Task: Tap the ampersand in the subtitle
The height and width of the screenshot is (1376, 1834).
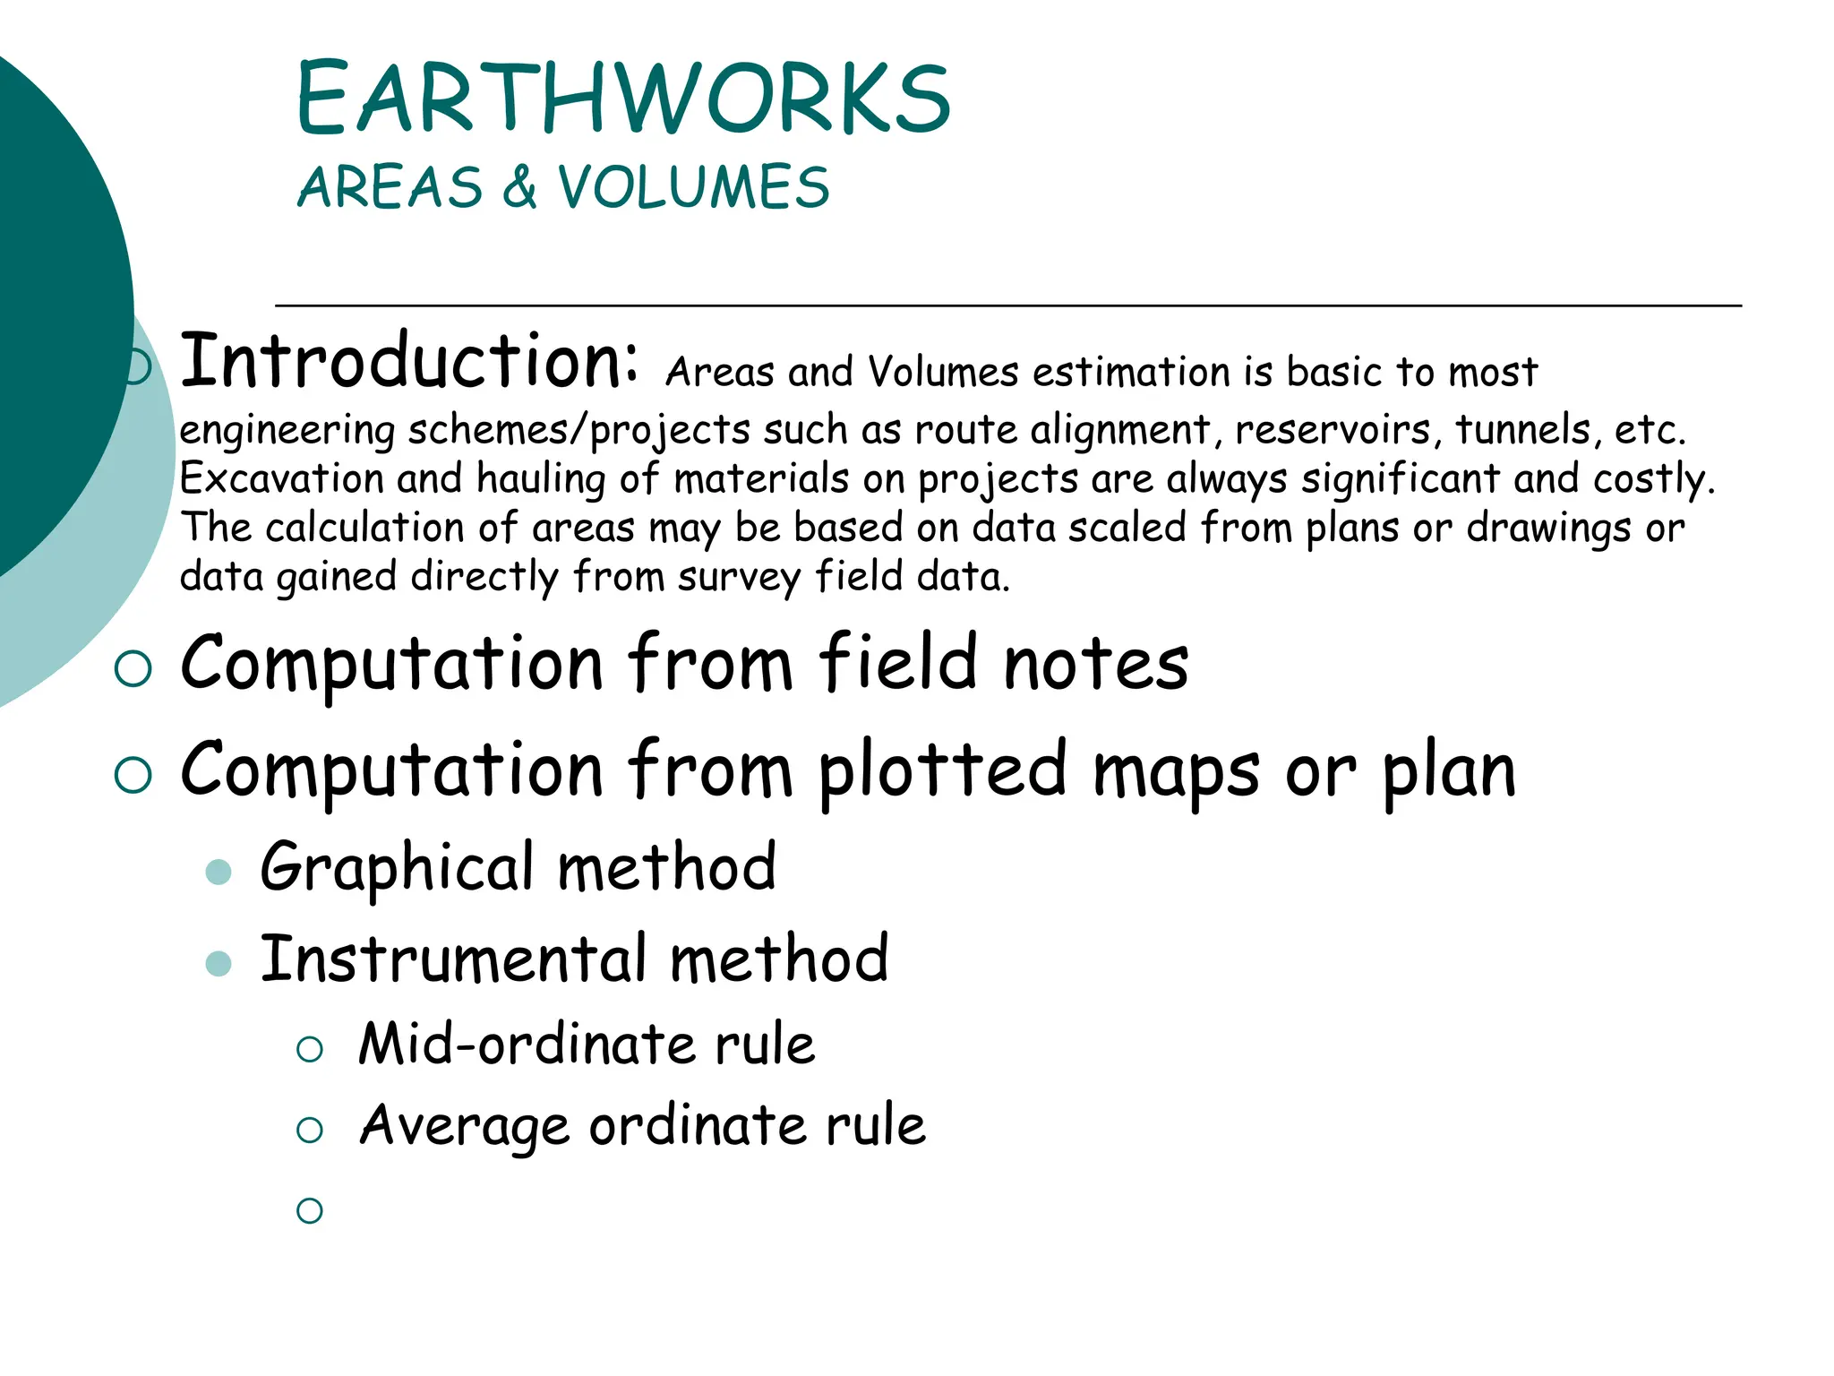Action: coord(519,187)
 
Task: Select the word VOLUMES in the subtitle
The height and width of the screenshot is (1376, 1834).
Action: coord(694,187)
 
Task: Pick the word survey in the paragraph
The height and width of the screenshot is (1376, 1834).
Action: coord(738,578)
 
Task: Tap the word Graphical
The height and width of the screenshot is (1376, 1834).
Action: coord(398,869)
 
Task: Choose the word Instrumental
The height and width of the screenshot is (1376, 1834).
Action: coord(453,959)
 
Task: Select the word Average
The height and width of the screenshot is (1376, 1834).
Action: coord(464,1126)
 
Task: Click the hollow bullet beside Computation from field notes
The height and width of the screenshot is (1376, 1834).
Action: coord(133,668)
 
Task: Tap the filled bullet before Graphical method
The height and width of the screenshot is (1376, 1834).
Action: coord(219,872)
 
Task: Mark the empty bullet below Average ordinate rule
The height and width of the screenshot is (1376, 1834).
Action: coord(310,1210)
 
